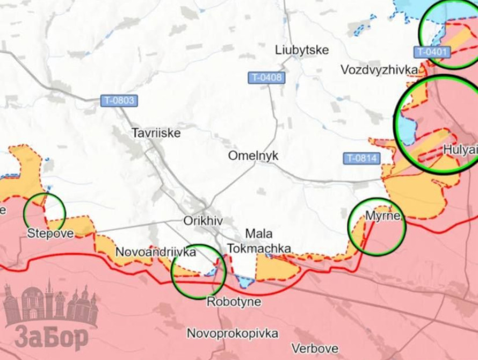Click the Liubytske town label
click(302, 50)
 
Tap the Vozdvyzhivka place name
click(379, 70)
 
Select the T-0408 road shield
click(266, 78)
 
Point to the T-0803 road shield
click(119, 100)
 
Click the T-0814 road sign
click(362, 159)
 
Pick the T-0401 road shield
click(432, 52)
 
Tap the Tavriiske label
click(156, 133)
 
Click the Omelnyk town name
click(254, 155)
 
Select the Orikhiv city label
click(203, 221)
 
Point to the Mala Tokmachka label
click(259, 241)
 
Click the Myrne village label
click(382, 216)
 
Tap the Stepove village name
click(50, 234)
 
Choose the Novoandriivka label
click(156, 251)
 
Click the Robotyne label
click(234, 301)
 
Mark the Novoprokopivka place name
click(233, 333)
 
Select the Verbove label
click(315, 348)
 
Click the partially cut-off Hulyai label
click(460, 150)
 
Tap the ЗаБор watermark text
click(52, 337)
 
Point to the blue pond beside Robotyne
click(245, 281)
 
